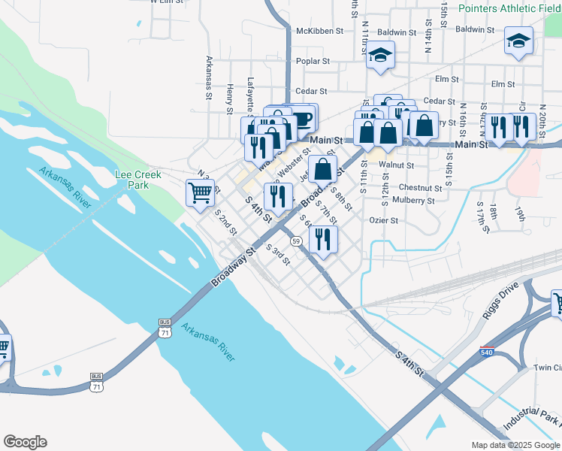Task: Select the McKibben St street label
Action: [319, 32]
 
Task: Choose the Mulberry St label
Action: [413, 201]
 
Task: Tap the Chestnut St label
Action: [421, 187]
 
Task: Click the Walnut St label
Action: [397, 164]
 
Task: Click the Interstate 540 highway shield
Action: [487, 351]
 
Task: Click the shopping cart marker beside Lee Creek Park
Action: [200, 192]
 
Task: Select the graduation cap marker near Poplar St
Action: [380, 55]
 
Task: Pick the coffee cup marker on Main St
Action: [303, 118]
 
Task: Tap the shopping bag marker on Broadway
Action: [322, 169]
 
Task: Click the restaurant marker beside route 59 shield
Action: [323, 239]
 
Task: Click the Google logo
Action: [25, 442]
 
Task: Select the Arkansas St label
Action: [209, 78]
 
